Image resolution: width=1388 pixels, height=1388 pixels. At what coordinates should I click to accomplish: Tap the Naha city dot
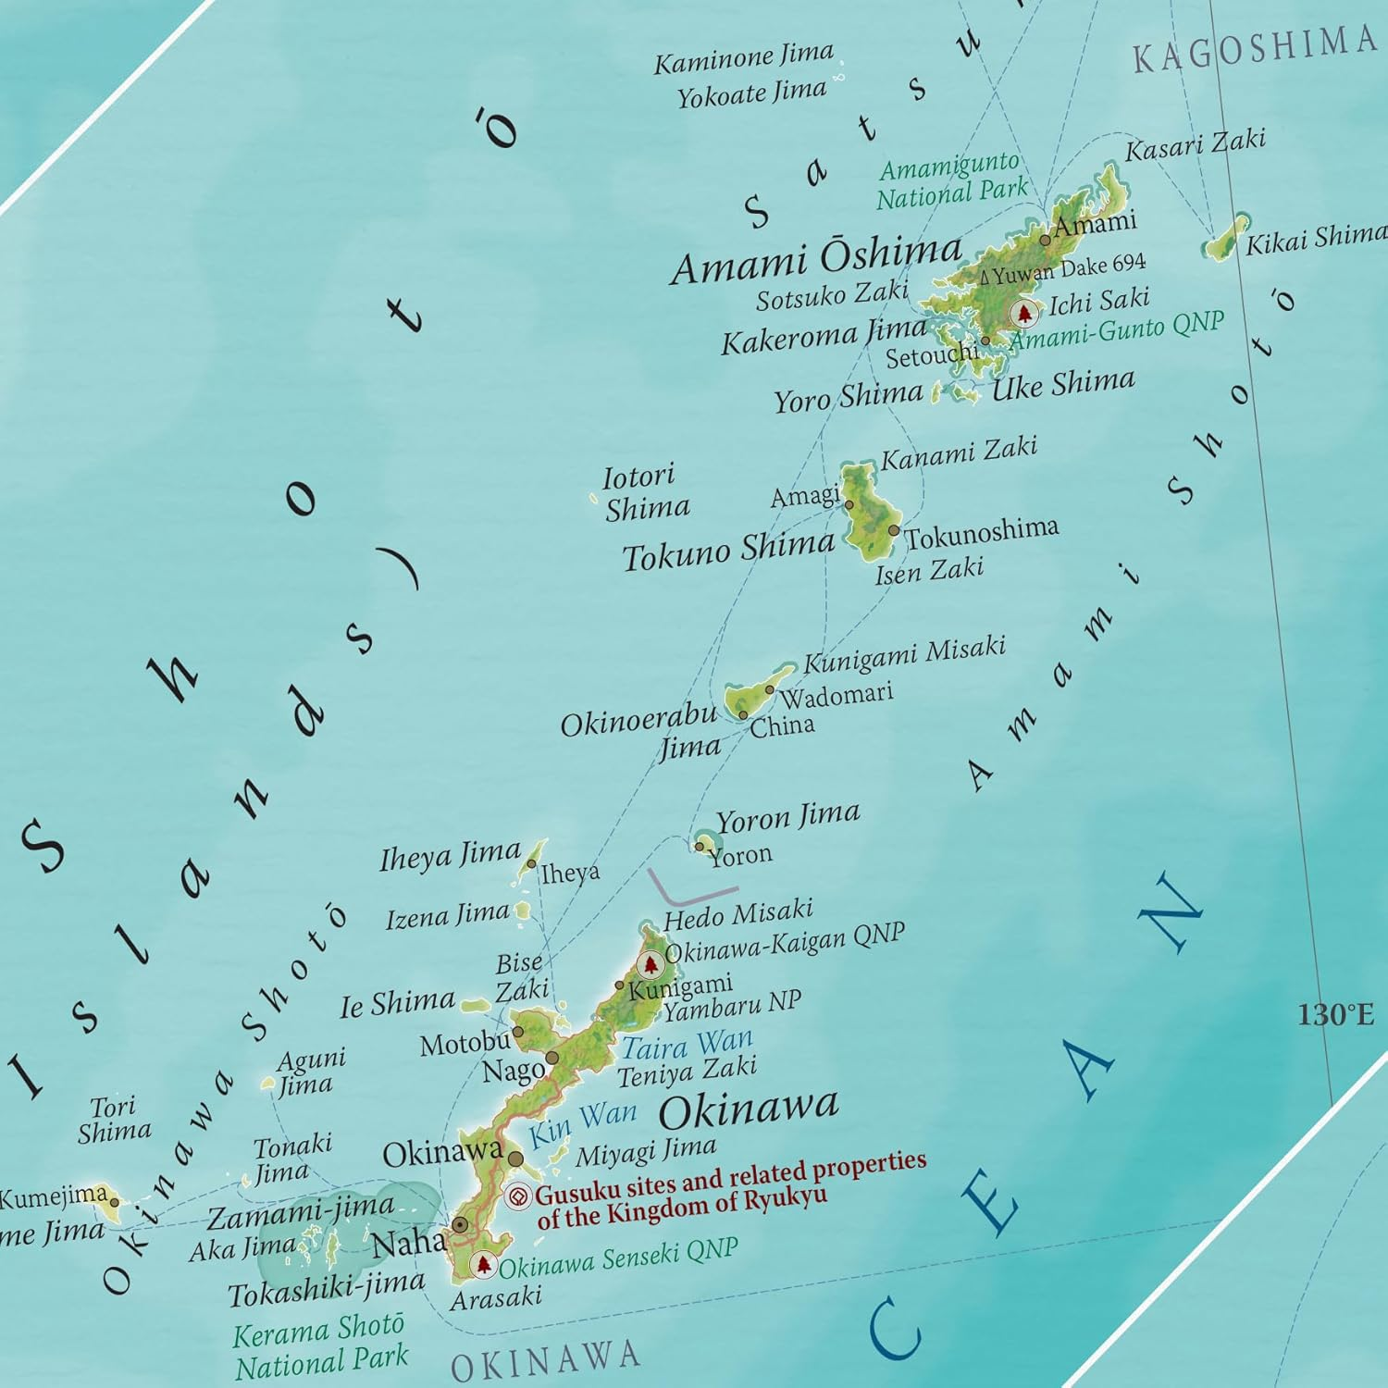[x=460, y=1225]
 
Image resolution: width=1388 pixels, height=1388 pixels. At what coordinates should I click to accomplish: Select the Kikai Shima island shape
[x=1227, y=238]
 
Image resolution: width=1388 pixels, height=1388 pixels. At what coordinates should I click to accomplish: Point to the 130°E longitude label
[x=1335, y=1015]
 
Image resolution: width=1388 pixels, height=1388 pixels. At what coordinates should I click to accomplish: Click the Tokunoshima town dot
[x=893, y=530]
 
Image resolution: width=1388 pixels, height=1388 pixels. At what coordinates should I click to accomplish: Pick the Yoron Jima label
[x=787, y=818]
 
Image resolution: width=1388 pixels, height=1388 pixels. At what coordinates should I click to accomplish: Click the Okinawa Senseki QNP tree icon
[x=483, y=1264]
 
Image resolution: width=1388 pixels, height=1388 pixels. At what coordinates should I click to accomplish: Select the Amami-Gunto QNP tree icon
[x=1023, y=314]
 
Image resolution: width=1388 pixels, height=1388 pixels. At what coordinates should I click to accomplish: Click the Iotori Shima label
[x=646, y=492]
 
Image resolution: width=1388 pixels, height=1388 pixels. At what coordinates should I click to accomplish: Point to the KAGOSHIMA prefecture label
[x=1255, y=48]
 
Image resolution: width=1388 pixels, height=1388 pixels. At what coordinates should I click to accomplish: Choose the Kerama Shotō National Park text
[x=320, y=1345]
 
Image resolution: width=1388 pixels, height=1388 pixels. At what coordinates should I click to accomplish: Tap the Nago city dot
[x=552, y=1058]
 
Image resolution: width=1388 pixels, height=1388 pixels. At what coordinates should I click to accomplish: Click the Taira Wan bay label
[x=687, y=1046]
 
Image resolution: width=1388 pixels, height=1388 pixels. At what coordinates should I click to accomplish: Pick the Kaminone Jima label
[x=743, y=58]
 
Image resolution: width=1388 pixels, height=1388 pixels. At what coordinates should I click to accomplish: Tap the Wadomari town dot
[x=769, y=689]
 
